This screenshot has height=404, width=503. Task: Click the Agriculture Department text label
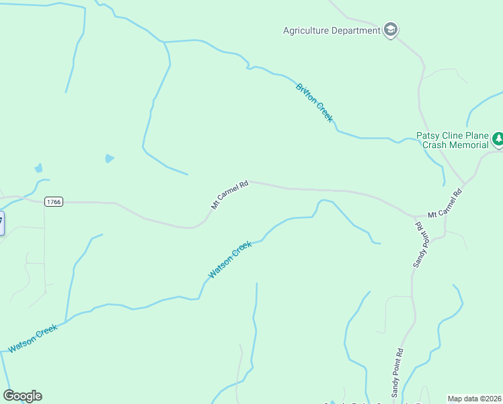[332, 30]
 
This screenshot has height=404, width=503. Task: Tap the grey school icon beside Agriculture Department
[391, 30]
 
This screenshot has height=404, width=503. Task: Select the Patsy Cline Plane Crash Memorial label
[453, 140]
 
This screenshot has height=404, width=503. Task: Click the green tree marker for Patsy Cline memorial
[498, 139]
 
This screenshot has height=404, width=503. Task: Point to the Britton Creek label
[315, 102]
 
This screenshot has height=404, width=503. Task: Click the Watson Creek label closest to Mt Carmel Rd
[230, 260]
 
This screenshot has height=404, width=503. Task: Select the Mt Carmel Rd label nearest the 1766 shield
[230, 195]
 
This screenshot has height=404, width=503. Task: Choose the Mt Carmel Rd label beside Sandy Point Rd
[446, 202]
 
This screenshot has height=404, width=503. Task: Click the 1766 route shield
[54, 202]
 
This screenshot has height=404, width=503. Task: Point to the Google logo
[22, 396]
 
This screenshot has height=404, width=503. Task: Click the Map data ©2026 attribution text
[474, 399]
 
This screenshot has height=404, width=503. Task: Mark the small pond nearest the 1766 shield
[38, 168]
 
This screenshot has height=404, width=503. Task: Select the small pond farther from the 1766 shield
[109, 158]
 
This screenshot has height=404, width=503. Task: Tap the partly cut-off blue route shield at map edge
[1, 223]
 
